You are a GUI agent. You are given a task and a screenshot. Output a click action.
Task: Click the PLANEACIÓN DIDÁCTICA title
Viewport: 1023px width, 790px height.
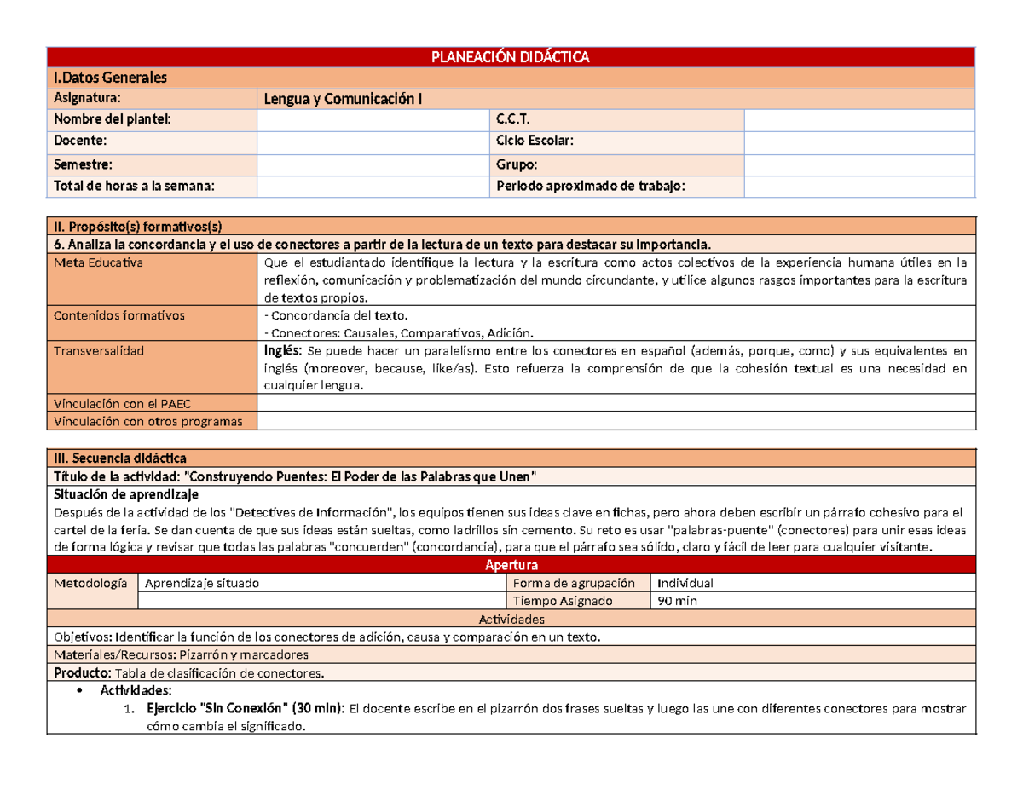[511, 57]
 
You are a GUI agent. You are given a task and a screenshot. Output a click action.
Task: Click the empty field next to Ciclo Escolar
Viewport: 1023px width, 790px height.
[859, 141]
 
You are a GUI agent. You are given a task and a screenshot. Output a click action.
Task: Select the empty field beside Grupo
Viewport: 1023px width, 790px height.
[859, 164]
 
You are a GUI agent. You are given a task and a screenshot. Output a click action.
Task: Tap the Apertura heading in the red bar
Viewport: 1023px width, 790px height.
[511, 566]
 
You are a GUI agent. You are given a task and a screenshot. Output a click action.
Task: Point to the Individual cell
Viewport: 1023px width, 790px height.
[684, 584]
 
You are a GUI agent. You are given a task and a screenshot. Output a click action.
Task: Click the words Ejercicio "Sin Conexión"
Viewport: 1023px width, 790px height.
[214, 709]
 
